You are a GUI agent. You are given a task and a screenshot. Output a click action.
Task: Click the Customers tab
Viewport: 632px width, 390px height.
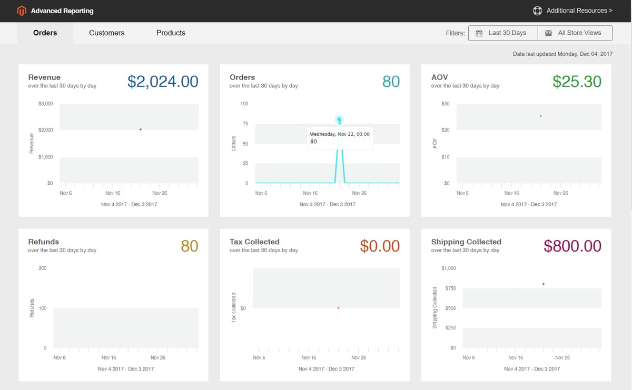(106, 33)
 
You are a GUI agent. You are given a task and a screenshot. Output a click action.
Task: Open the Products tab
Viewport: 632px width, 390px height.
(171, 33)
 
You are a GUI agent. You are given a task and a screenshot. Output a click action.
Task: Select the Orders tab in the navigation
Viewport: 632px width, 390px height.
(45, 33)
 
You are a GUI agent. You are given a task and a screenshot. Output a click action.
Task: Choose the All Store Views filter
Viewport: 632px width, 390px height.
(575, 33)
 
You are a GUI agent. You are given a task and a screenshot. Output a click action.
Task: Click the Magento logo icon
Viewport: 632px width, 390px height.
(22, 11)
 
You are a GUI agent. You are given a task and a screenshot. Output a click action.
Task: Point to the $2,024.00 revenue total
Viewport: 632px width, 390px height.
(163, 82)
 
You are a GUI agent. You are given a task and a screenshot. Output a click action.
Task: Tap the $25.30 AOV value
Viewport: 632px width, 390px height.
(577, 82)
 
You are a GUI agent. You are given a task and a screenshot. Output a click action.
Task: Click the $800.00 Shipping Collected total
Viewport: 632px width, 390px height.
(572, 246)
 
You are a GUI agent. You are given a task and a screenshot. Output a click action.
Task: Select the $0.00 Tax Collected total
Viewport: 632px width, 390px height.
(380, 246)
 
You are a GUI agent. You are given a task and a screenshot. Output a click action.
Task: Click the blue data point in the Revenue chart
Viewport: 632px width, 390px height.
(140, 129)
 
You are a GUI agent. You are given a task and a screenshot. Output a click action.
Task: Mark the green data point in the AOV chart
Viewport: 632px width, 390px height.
(540, 116)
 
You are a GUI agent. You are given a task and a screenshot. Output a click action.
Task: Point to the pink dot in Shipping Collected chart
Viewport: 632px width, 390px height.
(543, 284)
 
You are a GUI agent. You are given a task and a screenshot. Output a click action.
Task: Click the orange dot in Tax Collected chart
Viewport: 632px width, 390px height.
(338, 308)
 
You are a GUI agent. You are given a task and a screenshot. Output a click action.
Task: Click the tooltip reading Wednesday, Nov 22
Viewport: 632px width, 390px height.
(340, 137)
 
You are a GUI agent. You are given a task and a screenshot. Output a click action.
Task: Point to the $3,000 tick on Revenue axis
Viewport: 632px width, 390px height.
(45, 104)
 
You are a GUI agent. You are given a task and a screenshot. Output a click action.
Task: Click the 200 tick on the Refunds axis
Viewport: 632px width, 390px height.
(42, 268)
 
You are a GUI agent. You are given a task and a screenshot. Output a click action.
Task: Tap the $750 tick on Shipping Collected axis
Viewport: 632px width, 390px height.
(450, 288)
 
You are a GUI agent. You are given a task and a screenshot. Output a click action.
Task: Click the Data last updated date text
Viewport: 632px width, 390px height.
(562, 54)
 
